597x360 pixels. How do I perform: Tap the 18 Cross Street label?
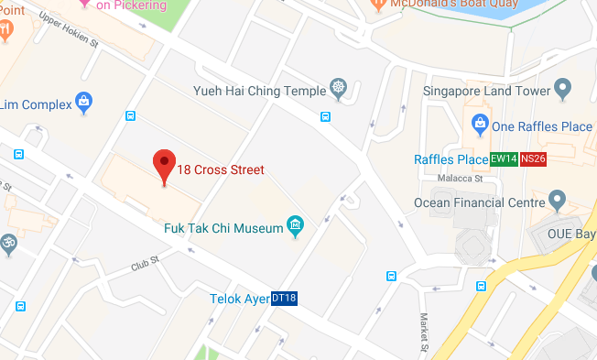[x=221, y=169]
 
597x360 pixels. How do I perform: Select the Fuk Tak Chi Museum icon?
[x=295, y=225]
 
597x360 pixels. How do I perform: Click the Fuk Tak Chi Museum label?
[x=223, y=228]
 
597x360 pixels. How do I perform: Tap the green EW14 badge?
[x=504, y=158]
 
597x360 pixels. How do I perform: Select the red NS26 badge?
[x=533, y=158]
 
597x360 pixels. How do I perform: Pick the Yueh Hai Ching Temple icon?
[x=339, y=90]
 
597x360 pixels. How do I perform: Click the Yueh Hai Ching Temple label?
[x=260, y=91]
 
